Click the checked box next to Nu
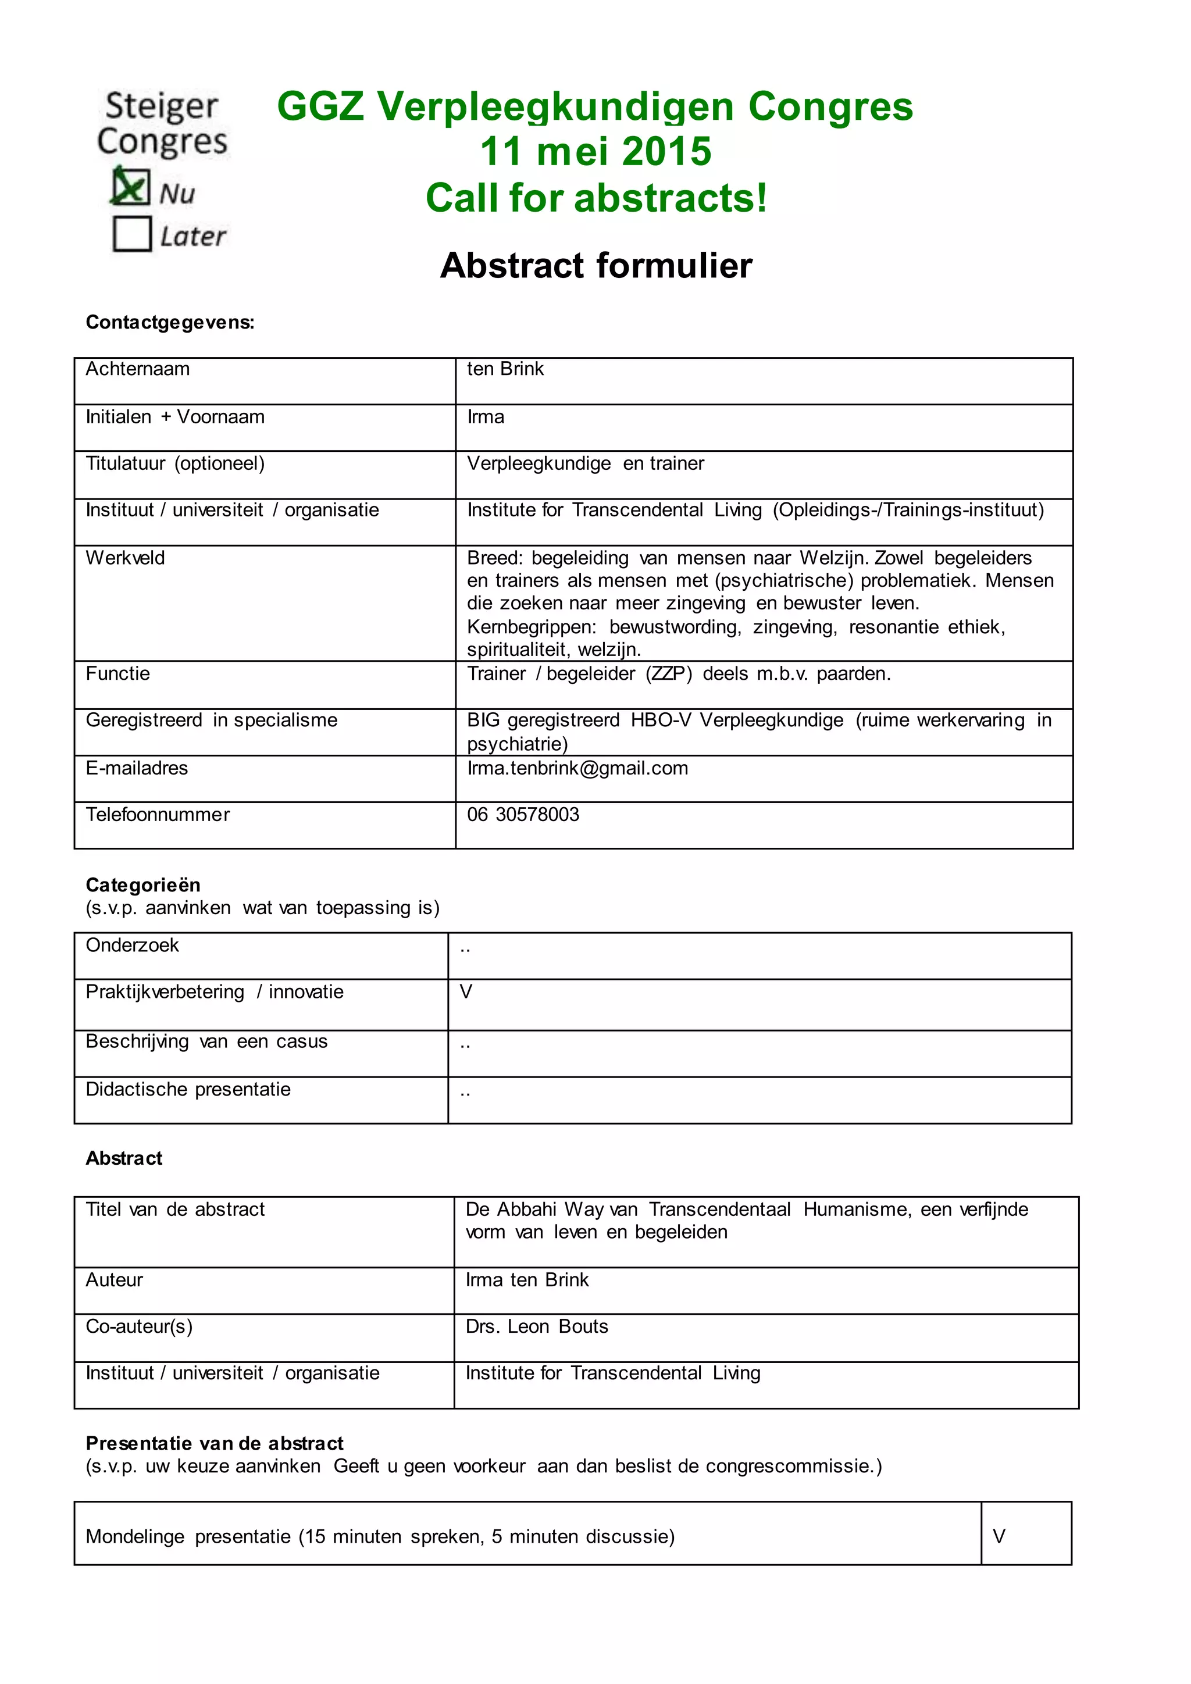click(130, 187)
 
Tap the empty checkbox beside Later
click(132, 234)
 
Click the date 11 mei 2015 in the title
click(595, 152)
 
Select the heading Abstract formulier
click(595, 266)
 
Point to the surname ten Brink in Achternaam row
click(505, 369)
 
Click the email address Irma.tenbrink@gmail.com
click(577, 768)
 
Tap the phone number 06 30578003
click(523, 814)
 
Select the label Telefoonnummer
click(158, 814)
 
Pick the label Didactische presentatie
click(188, 1089)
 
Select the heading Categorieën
click(143, 884)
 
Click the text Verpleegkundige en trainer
click(585, 463)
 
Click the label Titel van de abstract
click(175, 1210)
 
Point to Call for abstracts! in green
click(595, 198)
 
